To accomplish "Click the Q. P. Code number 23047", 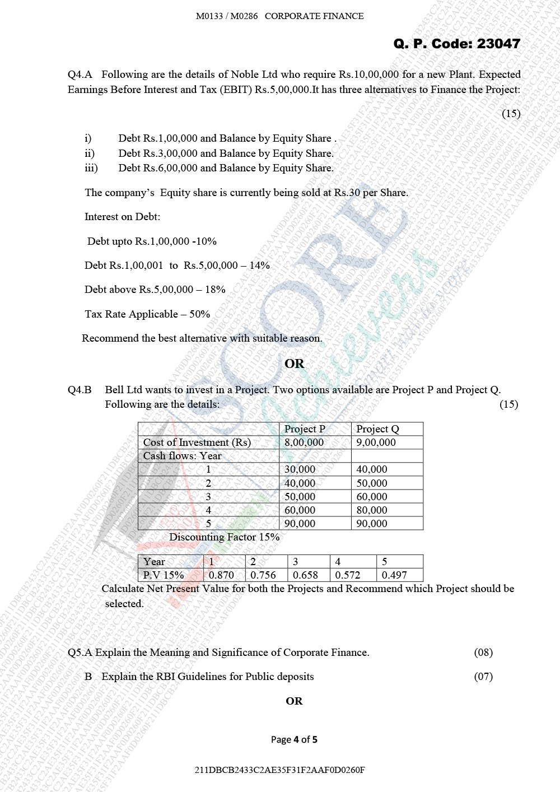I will pos(498,44).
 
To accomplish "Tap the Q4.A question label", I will pos(80,74).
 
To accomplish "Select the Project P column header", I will pos(305,429).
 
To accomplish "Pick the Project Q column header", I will pos(377,429).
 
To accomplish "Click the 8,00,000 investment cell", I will pos(304,442).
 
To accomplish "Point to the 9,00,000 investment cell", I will pos(376,442).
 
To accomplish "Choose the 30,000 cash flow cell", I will pos(300,469).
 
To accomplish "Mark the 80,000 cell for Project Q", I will pos(372,510).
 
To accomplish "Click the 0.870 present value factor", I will pos(221,575).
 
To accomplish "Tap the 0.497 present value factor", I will pos(394,575).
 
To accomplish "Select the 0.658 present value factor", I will pos(305,575).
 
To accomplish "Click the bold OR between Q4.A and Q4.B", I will pos(295,364).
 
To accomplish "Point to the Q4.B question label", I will pos(80,390).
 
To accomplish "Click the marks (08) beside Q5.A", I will pos(483,653).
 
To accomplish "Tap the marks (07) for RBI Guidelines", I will pos(483,677).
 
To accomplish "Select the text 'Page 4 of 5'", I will pos(294,739).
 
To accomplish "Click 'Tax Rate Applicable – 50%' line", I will pos(147,314).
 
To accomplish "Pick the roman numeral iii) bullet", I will pos(91,168).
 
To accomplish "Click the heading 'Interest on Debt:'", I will pos(122,217).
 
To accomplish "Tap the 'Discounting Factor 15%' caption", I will pos(224,537).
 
